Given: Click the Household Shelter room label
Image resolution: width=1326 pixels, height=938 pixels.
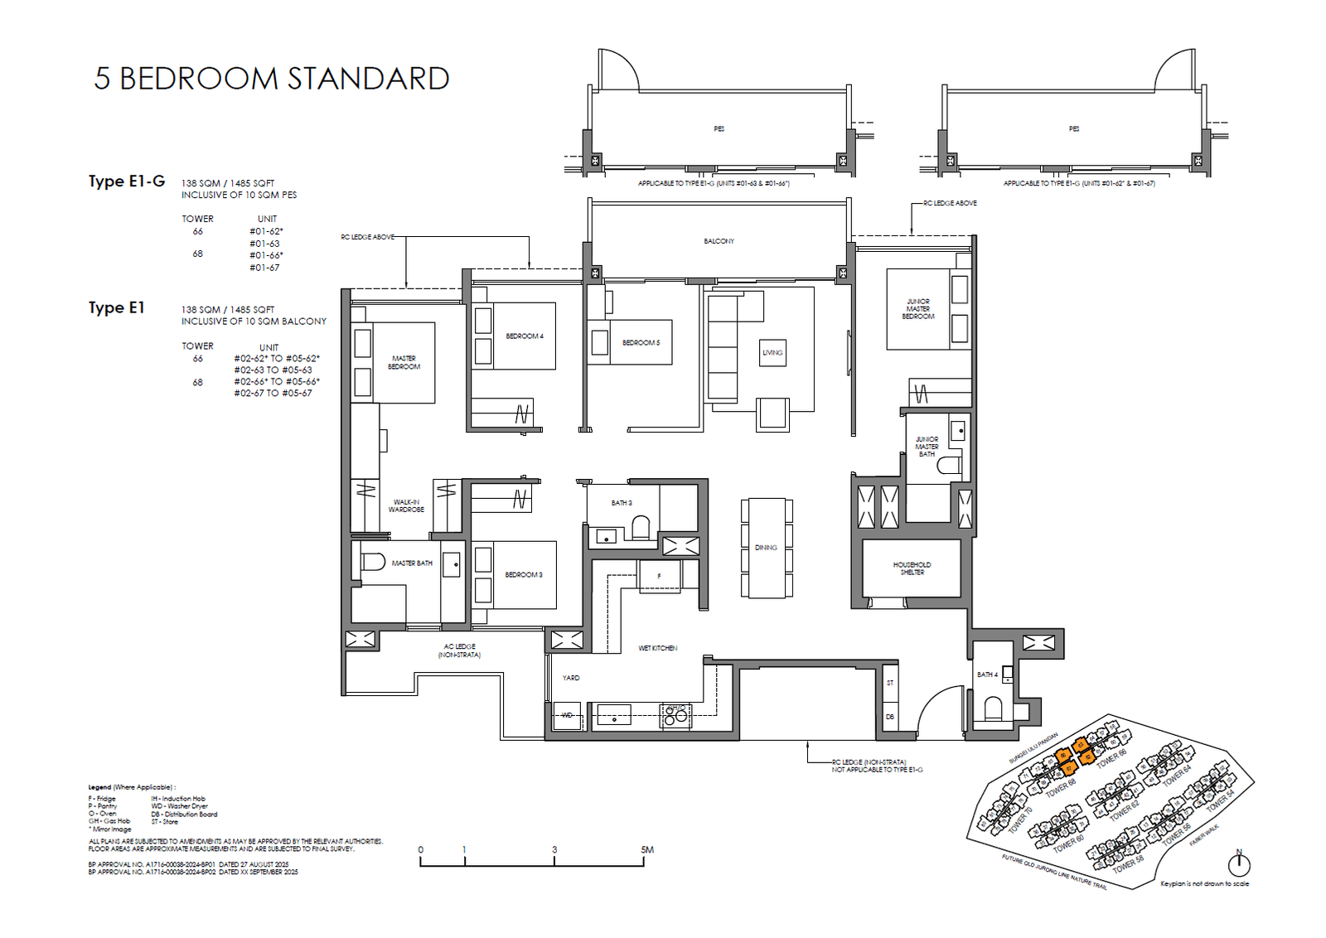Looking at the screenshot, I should tap(912, 568).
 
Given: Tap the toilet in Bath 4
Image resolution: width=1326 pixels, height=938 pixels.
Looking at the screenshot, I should tap(993, 708).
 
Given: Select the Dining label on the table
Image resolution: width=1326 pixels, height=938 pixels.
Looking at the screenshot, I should tap(766, 548).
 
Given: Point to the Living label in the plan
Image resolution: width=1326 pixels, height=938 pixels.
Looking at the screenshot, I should tap(772, 353).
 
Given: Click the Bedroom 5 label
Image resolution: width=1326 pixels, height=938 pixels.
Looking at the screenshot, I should tap(641, 343).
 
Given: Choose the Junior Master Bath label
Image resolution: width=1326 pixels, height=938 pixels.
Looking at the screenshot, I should tap(927, 447).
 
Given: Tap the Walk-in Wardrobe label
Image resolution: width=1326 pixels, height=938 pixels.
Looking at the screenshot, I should tap(406, 506).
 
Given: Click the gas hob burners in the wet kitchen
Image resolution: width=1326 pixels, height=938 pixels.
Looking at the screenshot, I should tap(675, 714).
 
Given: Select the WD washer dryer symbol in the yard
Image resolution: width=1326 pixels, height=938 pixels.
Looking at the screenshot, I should tap(567, 715).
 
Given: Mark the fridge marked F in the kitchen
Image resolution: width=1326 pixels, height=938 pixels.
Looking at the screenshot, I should tap(660, 576).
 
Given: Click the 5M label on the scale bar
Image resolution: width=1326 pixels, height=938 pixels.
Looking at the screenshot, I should tap(647, 850).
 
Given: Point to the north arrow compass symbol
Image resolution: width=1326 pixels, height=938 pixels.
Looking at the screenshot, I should tap(1239, 864).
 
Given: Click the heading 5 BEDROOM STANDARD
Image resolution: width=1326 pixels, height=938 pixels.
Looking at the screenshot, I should tap(272, 79).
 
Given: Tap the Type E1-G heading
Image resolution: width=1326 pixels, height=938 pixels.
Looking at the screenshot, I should tap(127, 181).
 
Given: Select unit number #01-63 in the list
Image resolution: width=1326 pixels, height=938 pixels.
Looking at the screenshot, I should tap(264, 244).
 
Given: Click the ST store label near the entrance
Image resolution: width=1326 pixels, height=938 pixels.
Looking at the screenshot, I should tap(890, 683).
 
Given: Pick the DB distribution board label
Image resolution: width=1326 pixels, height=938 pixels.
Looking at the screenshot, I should tap(890, 717).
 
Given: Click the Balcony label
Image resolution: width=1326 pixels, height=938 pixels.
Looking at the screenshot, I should tap(719, 241).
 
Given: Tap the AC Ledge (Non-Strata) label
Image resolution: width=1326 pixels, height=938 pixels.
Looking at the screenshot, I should tap(459, 650).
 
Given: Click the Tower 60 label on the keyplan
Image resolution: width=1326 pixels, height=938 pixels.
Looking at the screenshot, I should tap(1068, 843).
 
